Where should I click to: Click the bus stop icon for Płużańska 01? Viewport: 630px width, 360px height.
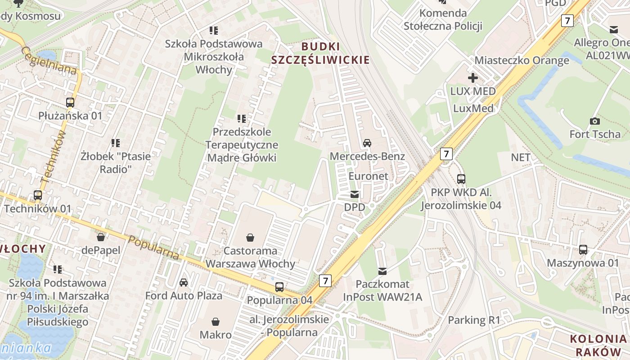pyautogui.click(x=70, y=102)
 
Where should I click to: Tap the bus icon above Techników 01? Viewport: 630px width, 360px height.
pyautogui.click(x=38, y=195)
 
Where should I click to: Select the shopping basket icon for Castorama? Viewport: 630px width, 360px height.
pyautogui.click(x=250, y=237)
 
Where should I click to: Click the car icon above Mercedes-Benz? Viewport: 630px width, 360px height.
pyautogui.click(x=367, y=143)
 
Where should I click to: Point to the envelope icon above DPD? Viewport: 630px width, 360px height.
pyautogui.click(x=355, y=194)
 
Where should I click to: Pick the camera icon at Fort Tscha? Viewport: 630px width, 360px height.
pyautogui.click(x=594, y=121)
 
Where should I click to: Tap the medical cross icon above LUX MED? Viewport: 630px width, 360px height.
pyautogui.click(x=472, y=78)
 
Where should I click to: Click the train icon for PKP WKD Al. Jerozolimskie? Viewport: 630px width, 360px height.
pyautogui.click(x=461, y=179)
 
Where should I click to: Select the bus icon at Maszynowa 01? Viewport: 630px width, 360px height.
pyautogui.click(x=583, y=249)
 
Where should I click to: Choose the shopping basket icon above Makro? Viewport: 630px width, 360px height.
pyautogui.click(x=216, y=322)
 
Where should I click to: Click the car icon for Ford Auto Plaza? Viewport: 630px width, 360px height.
pyautogui.click(x=184, y=282)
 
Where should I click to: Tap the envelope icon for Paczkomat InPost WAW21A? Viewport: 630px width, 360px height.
pyautogui.click(x=382, y=271)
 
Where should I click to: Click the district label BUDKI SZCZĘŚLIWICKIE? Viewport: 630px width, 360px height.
pyautogui.click(x=320, y=53)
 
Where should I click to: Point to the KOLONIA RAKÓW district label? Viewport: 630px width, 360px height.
pyautogui.click(x=598, y=345)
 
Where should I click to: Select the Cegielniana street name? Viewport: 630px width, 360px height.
pyautogui.click(x=48, y=61)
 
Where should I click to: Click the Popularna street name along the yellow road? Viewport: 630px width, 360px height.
pyautogui.click(x=153, y=247)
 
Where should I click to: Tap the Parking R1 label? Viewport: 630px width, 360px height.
pyautogui.click(x=474, y=320)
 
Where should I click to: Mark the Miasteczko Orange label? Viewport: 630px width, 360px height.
pyautogui.click(x=522, y=60)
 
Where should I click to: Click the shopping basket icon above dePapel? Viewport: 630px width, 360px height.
pyautogui.click(x=101, y=237)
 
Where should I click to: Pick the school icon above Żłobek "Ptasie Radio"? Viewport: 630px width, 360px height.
pyautogui.click(x=116, y=143)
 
